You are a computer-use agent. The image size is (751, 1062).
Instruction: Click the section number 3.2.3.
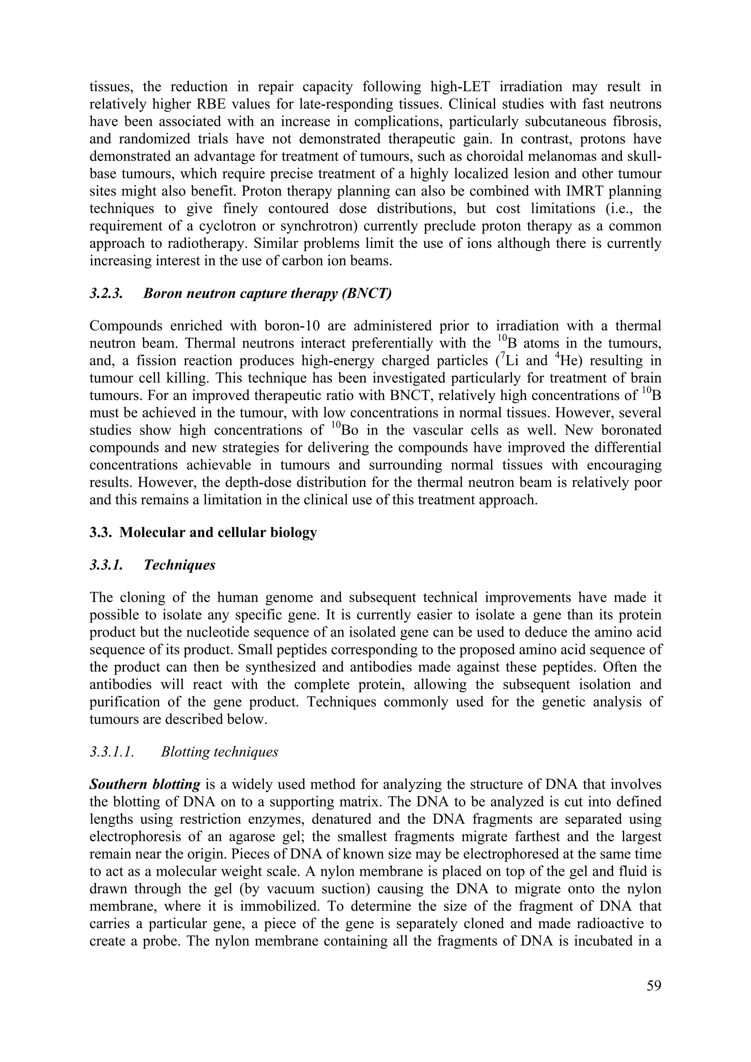(x=106, y=293)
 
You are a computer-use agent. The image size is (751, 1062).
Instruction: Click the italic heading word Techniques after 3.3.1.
(x=180, y=565)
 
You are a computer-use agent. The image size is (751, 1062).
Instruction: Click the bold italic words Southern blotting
(x=145, y=784)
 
